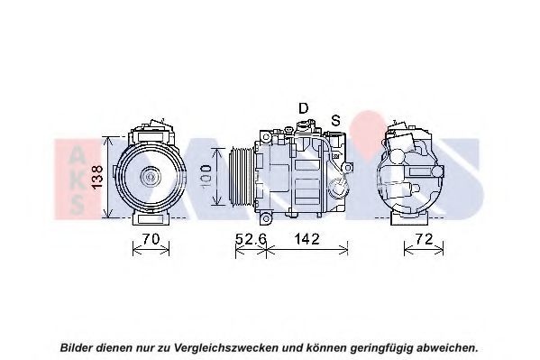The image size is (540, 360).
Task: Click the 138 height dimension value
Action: pos(97,177)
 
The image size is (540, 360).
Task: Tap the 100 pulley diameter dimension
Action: pos(206,176)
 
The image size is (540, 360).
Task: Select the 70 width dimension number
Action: pos(151,238)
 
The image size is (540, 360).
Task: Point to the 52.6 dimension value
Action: pos(251,238)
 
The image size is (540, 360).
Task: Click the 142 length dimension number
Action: pos(307,238)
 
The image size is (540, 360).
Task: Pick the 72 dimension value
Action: pos(424,238)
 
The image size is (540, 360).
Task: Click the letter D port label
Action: pos(303,108)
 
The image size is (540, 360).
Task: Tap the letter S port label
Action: pos(335,120)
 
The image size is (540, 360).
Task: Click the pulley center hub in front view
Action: pos(151,177)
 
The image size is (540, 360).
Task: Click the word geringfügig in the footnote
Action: pos(381,347)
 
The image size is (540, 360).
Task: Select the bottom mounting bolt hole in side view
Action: pos(266,218)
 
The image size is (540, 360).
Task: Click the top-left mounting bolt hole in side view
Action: pos(266,137)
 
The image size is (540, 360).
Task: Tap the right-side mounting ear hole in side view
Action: pos(348,168)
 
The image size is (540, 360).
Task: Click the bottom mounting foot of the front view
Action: pos(151,218)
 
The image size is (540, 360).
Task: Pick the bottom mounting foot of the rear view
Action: pos(409,218)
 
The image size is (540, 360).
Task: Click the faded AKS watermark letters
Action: pos(77,179)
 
